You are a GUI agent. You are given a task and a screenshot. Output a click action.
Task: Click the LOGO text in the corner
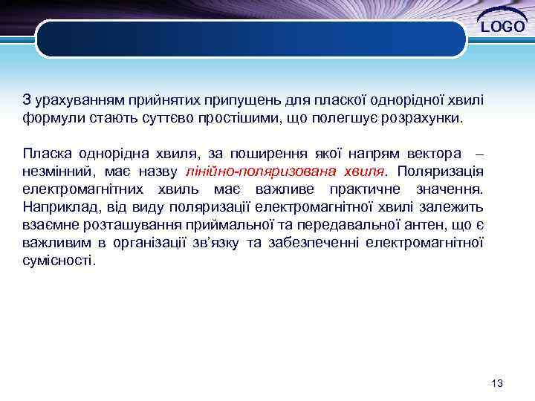tap(503, 27)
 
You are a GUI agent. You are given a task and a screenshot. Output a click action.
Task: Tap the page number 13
tap(497, 383)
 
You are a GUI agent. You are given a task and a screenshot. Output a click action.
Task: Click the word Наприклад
tap(57, 207)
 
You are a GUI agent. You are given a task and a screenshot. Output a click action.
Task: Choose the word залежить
tap(455, 207)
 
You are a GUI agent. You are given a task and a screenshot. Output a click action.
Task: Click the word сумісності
tap(59, 261)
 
